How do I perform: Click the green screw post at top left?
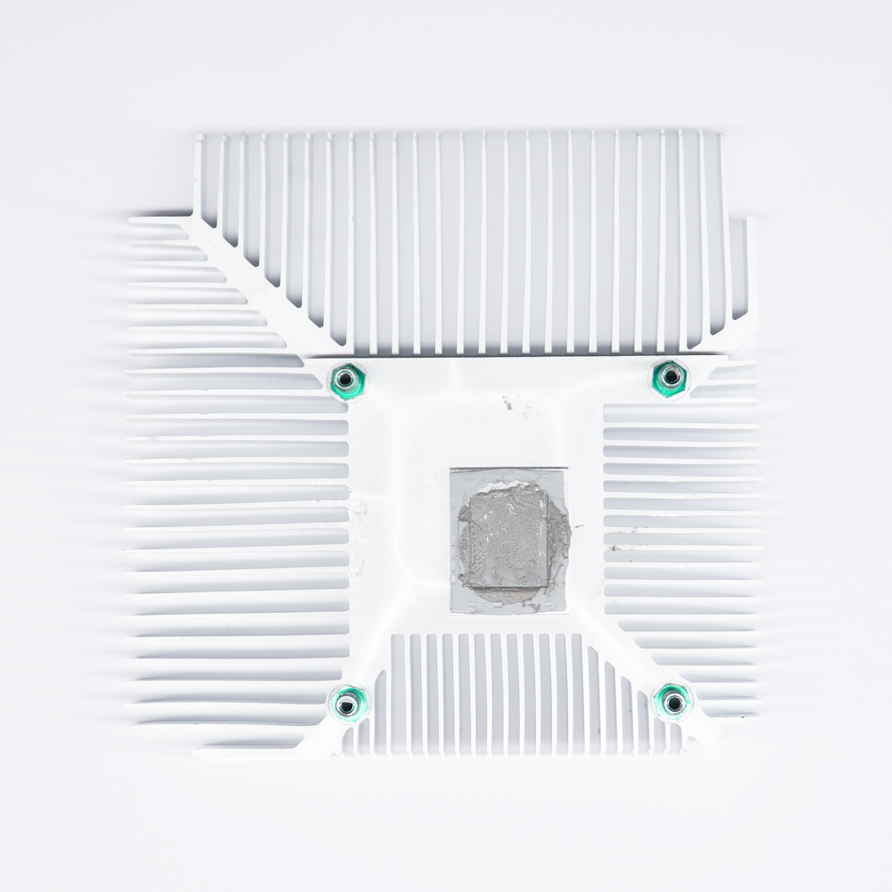click(x=346, y=382)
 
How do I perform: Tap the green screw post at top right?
click(x=668, y=378)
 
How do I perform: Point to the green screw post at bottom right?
click(x=673, y=702)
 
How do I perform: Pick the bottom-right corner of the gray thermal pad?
click(x=566, y=611)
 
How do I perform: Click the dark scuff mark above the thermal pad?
click(x=508, y=403)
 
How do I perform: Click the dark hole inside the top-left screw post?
click(x=346, y=382)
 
